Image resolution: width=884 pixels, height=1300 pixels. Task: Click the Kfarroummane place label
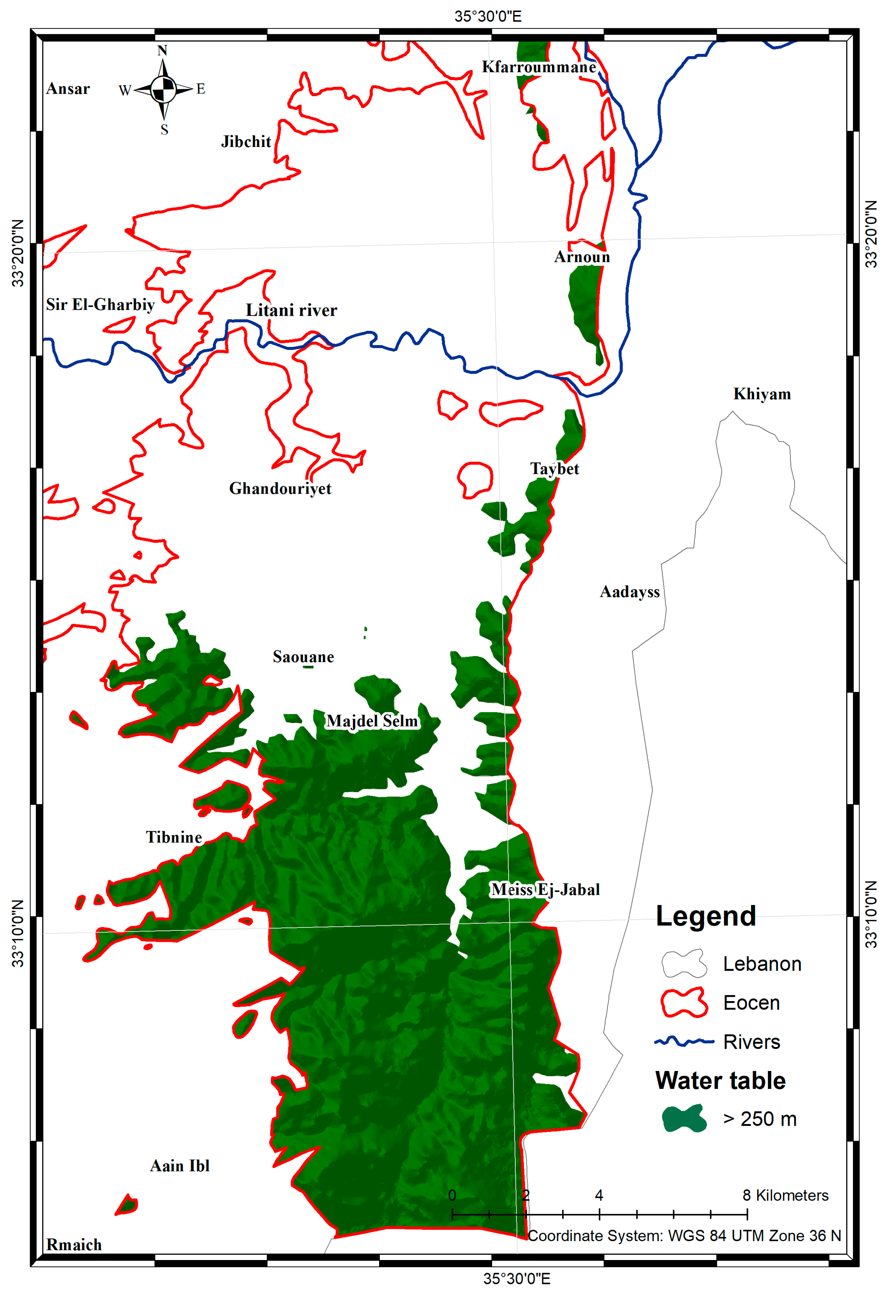coord(539,67)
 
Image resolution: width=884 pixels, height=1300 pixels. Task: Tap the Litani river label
coord(292,310)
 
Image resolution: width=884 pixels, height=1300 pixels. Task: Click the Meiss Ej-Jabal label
coord(545,889)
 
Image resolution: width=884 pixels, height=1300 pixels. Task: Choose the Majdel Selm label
coord(372,721)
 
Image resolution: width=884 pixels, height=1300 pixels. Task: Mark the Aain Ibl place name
coord(180,1166)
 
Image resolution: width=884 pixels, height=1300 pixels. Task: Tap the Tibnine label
coord(174,837)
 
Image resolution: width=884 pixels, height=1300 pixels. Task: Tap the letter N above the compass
coord(162,50)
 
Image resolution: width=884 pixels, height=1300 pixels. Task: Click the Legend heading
coord(705,916)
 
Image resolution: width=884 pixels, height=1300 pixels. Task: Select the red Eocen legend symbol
coord(684,1003)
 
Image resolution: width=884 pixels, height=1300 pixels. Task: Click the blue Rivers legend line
coord(684,1041)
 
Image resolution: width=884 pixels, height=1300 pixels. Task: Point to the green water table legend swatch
coord(684,1119)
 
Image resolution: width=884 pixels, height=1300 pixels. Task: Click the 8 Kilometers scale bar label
coord(785,1195)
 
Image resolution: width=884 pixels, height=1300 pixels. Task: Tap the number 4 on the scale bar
coord(599,1195)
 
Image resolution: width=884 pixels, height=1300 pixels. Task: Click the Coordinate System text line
coord(684,1236)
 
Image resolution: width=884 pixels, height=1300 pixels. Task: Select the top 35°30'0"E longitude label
coord(487,16)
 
